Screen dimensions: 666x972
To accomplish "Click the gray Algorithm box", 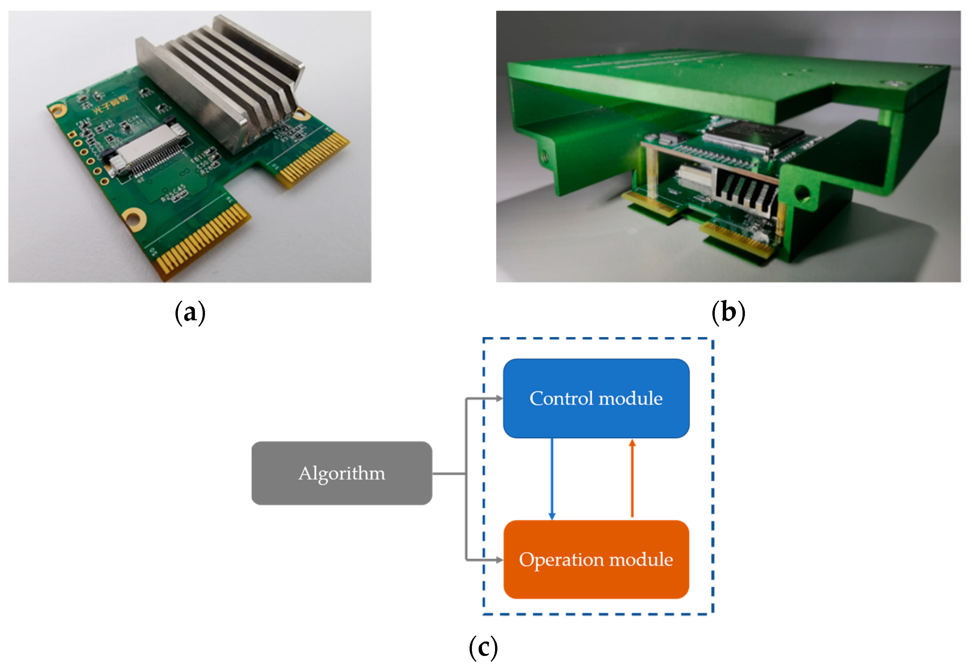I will tap(341, 473).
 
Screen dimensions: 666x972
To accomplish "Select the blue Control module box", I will tap(596, 398).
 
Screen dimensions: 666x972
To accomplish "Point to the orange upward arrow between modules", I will tap(632, 479).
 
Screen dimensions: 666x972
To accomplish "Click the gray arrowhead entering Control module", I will tap(499, 398).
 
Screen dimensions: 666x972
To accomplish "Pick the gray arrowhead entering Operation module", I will tap(499, 560).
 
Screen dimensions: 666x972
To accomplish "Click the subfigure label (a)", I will tap(190, 313).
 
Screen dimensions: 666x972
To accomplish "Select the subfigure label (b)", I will tap(728, 313).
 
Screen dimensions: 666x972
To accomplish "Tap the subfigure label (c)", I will tap(483, 647).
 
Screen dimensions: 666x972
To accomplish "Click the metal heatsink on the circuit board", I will tap(222, 84).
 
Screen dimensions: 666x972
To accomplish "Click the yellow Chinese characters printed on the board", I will tap(111, 105).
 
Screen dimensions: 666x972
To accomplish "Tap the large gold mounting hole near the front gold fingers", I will tap(134, 219).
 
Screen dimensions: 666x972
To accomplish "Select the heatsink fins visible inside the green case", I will tap(745, 190).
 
